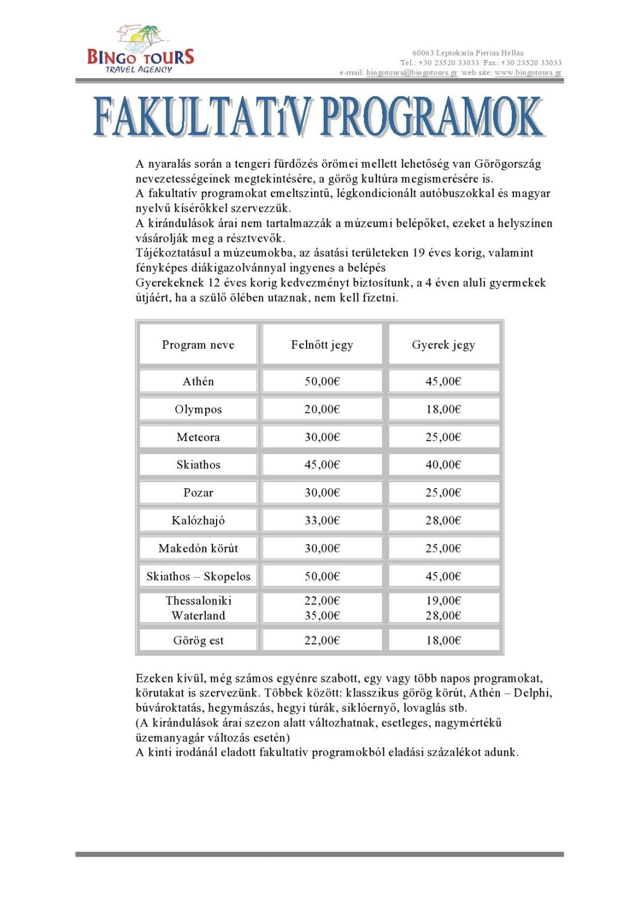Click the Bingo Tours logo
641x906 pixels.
[140, 50]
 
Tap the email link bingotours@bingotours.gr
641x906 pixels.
[411, 72]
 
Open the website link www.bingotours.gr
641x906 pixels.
[528, 72]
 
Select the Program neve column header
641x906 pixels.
[198, 344]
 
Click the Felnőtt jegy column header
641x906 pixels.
[322, 344]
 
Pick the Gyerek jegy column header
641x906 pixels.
[443, 344]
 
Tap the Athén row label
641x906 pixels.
[198, 381]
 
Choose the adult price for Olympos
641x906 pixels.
[322, 409]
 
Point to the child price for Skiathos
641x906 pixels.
[443, 464]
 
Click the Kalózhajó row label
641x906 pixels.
[198, 520]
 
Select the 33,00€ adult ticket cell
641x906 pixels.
[322, 520]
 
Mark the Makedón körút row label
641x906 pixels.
[198, 548]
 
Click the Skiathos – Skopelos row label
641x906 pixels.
[198, 576]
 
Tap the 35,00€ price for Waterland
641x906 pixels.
[322, 615]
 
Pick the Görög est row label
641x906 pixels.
[198, 640]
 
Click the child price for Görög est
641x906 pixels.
[443, 640]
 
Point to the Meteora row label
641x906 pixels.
[198, 437]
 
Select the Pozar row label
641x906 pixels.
[198, 492]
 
